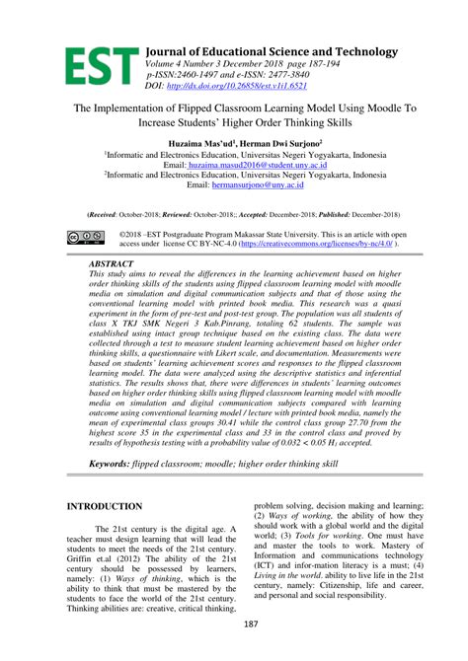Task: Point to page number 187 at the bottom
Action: point(233,652)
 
